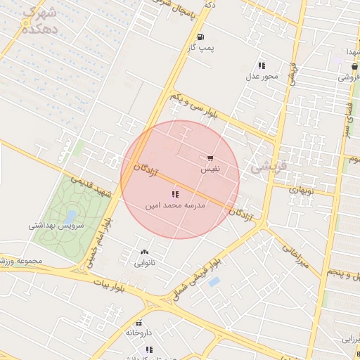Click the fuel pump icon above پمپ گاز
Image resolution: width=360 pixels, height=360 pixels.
pyautogui.click(x=202, y=37)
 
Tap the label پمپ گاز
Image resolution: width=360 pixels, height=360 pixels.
pyautogui.click(x=200, y=48)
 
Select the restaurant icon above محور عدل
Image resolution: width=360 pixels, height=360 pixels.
pyautogui.click(x=262, y=65)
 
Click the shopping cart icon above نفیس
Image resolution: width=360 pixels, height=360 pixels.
pyautogui.click(x=210, y=158)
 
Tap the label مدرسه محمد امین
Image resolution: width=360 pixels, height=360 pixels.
pyautogui.click(x=174, y=205)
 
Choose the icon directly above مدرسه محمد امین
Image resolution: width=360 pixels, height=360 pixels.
pyautogui.click(x=174, y=194)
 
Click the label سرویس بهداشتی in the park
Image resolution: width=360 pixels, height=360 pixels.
pyautogui.click(x=56, y=226)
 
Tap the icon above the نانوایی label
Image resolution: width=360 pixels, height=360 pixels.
pyautogui.click(x=145, y=252)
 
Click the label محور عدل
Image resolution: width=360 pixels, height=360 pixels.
pyautogui.click(x=262, y=76)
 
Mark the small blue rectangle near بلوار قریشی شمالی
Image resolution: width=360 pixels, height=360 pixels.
pyautogui.click(x=214, y=282)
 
